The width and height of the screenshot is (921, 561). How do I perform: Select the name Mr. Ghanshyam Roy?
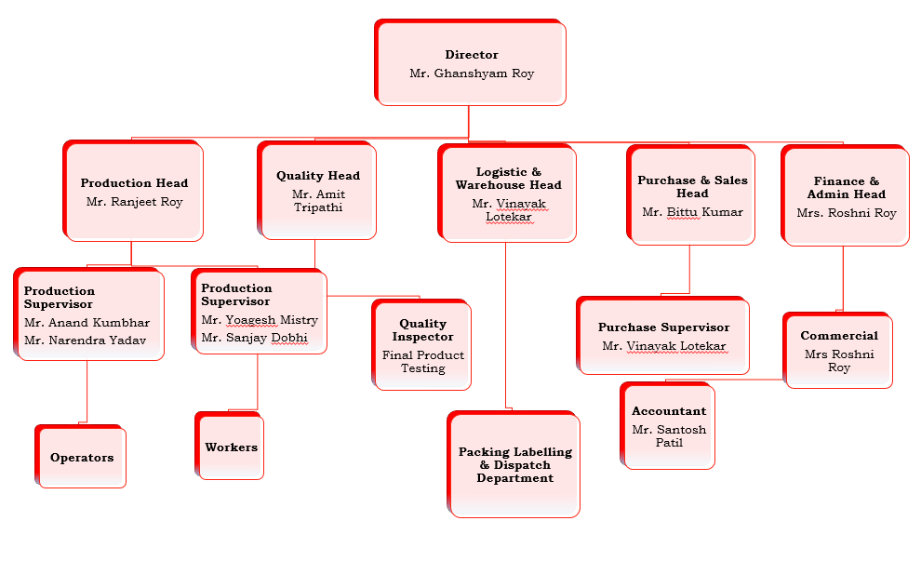point(472,73)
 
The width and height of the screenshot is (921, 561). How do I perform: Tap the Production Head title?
point(134,183)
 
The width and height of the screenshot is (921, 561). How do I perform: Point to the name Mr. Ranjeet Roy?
point(134,202)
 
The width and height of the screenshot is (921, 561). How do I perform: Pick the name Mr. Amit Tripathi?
point(318,201)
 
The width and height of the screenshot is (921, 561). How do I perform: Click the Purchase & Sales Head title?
point(692,187)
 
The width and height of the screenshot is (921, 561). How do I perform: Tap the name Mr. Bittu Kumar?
point(692,212)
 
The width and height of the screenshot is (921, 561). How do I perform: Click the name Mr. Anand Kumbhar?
point(87,323)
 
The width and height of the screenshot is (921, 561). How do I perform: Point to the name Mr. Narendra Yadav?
point(85,341)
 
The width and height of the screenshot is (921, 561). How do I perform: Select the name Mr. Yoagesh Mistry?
point(260,320)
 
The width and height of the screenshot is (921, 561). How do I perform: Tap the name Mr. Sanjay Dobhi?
point(254,338)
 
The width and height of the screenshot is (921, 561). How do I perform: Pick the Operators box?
point(82,458)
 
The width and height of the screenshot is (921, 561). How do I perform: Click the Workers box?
point(231,447)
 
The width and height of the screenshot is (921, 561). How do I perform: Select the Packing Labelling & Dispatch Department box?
point(514,465)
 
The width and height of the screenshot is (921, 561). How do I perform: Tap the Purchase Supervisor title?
point(663,327)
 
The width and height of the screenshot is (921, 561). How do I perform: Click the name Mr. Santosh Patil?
point(669,436)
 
